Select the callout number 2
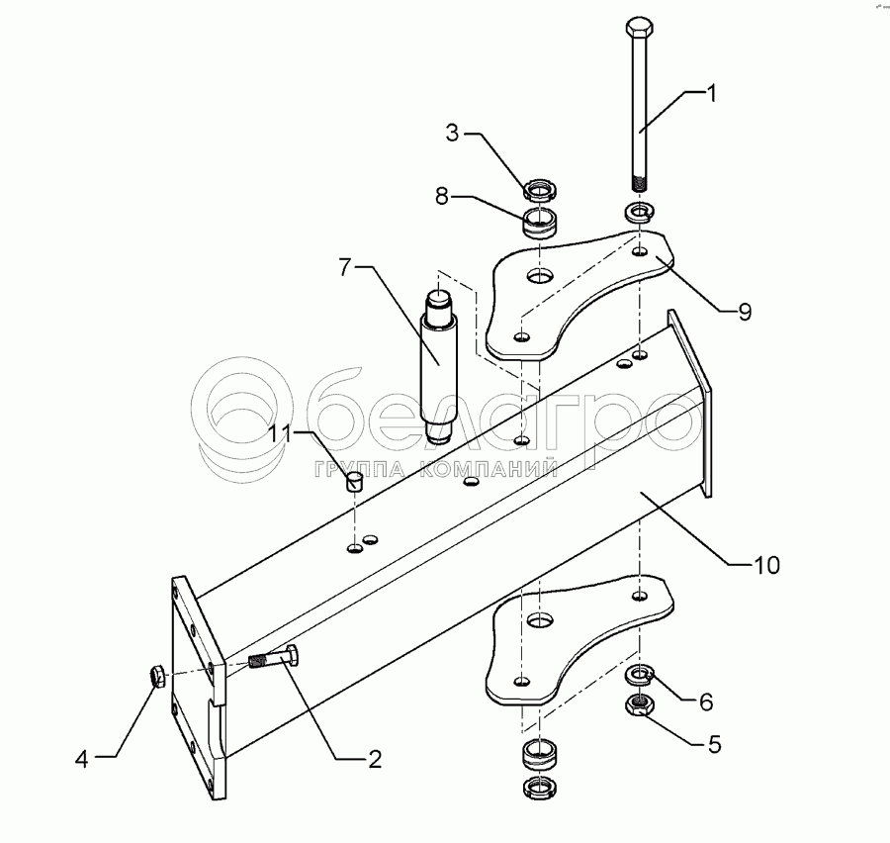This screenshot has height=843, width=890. [x=375, y=759]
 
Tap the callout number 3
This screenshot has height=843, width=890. [x=452, y=134]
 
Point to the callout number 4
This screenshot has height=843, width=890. [x=83, y=759]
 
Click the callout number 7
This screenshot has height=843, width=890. [x=344, y=266]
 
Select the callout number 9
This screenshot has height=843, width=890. [x=743, y=313]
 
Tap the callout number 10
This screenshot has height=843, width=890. [x=767, y=565]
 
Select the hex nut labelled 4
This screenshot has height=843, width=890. [x=155, y=676]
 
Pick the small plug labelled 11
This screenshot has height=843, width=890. [x=355, y=482]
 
